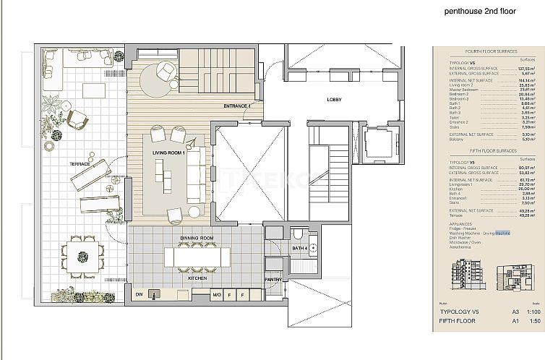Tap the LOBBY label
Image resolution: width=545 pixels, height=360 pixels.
tap(334, 99)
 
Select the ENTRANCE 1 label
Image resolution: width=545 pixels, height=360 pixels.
tap(236, 106)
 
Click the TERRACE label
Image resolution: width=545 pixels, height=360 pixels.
tap(80, 164)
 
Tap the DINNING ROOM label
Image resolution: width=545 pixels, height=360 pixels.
tap(197, 238)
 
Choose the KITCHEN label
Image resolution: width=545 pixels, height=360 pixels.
tap(197, 278)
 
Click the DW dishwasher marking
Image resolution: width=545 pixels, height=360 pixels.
tap(138, 294)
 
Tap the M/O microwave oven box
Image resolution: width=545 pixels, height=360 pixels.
tap(216, 294)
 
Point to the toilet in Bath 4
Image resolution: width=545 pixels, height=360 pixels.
tap(298, 233)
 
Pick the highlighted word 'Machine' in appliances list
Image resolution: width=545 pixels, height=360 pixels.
tap(502, 233)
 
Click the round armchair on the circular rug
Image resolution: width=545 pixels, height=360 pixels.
tap(165, 71)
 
